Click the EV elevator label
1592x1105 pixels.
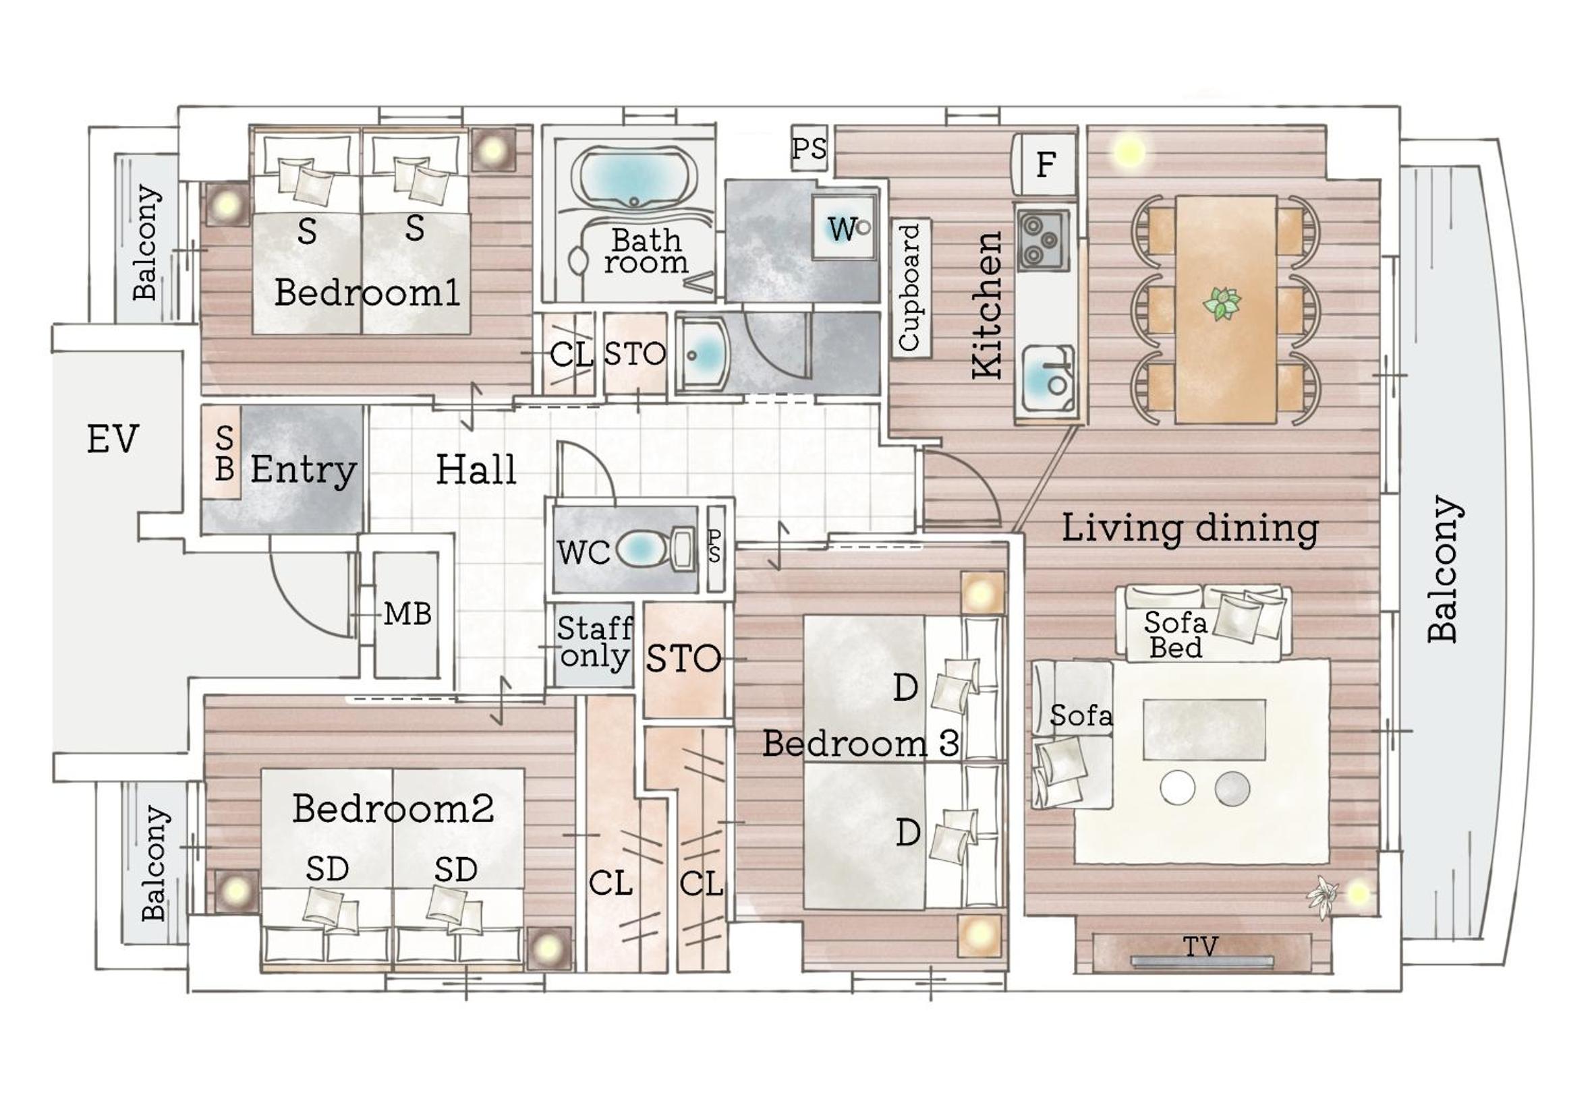pos(112,438)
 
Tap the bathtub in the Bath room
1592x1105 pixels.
pos(634,177)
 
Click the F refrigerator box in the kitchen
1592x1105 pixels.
pos(1045,164)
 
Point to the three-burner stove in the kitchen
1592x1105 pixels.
pos(1043,239)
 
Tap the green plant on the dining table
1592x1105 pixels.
pos(1222,304)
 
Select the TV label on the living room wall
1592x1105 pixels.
pos(1200,946)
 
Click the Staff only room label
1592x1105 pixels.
pos(594,642)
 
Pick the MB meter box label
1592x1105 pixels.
pos(407,614)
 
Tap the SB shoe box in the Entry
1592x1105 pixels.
pos(224,453)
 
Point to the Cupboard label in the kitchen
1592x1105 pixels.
pos(909,287)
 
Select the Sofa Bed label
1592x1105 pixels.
pos(1176,635)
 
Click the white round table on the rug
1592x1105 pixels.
pos(1177,788)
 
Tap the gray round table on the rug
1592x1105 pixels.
pos(1232,789)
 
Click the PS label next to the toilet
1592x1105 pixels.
pos(715,546)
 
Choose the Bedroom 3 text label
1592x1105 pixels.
pos(861,743)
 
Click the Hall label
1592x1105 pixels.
pos(476,469)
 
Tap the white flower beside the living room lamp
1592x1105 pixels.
pos(1323,895)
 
